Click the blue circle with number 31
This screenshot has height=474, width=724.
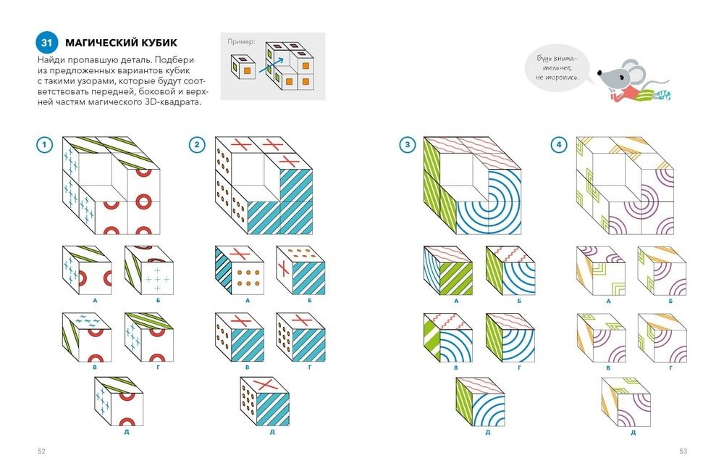(x=46, y=43)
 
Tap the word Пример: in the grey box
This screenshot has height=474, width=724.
(x=241, y=41)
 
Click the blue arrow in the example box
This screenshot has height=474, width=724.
(x=271, y=65)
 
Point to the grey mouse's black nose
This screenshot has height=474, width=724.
(x=599, y=73)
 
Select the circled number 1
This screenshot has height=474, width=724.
(x=44, y=145)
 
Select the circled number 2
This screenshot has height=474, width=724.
(x=197, y=145)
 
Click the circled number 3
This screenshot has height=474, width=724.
(x=407, y=145)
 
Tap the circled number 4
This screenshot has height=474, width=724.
(x=559, y=145)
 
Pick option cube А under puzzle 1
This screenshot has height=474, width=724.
(x=87, y=270)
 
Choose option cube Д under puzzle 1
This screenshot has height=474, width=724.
(x=119, y=402)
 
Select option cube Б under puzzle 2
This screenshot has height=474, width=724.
(x=300, y=270)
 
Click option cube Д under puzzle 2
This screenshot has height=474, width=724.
(x=264, y=402)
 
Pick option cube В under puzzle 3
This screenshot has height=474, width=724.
(x=448, y=338)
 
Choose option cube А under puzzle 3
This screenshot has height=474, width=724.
(x=448, y=271)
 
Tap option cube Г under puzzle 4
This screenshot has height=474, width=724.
(x=662, y=338)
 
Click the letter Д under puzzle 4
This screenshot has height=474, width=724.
(x=633, y=433)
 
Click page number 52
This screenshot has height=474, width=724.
(x=41, y=452)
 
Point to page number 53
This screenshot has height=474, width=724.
(x=683, y=452)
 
